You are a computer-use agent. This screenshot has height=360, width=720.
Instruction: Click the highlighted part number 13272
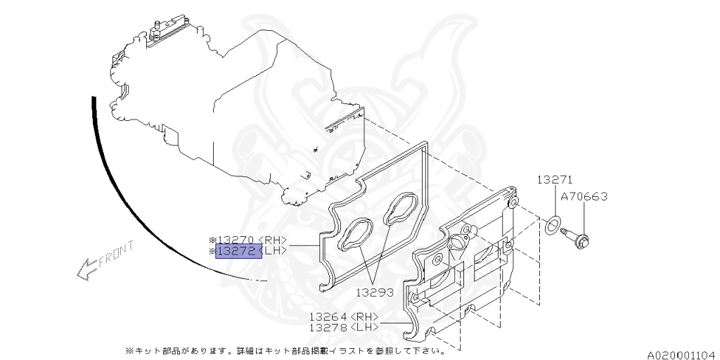tap(238, 250)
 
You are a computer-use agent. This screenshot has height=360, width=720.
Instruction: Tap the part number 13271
tap(556, 179)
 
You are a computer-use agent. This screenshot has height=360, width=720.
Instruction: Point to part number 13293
tap(373, 292)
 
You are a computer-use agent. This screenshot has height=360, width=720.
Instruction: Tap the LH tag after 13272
tap(274, 250)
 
